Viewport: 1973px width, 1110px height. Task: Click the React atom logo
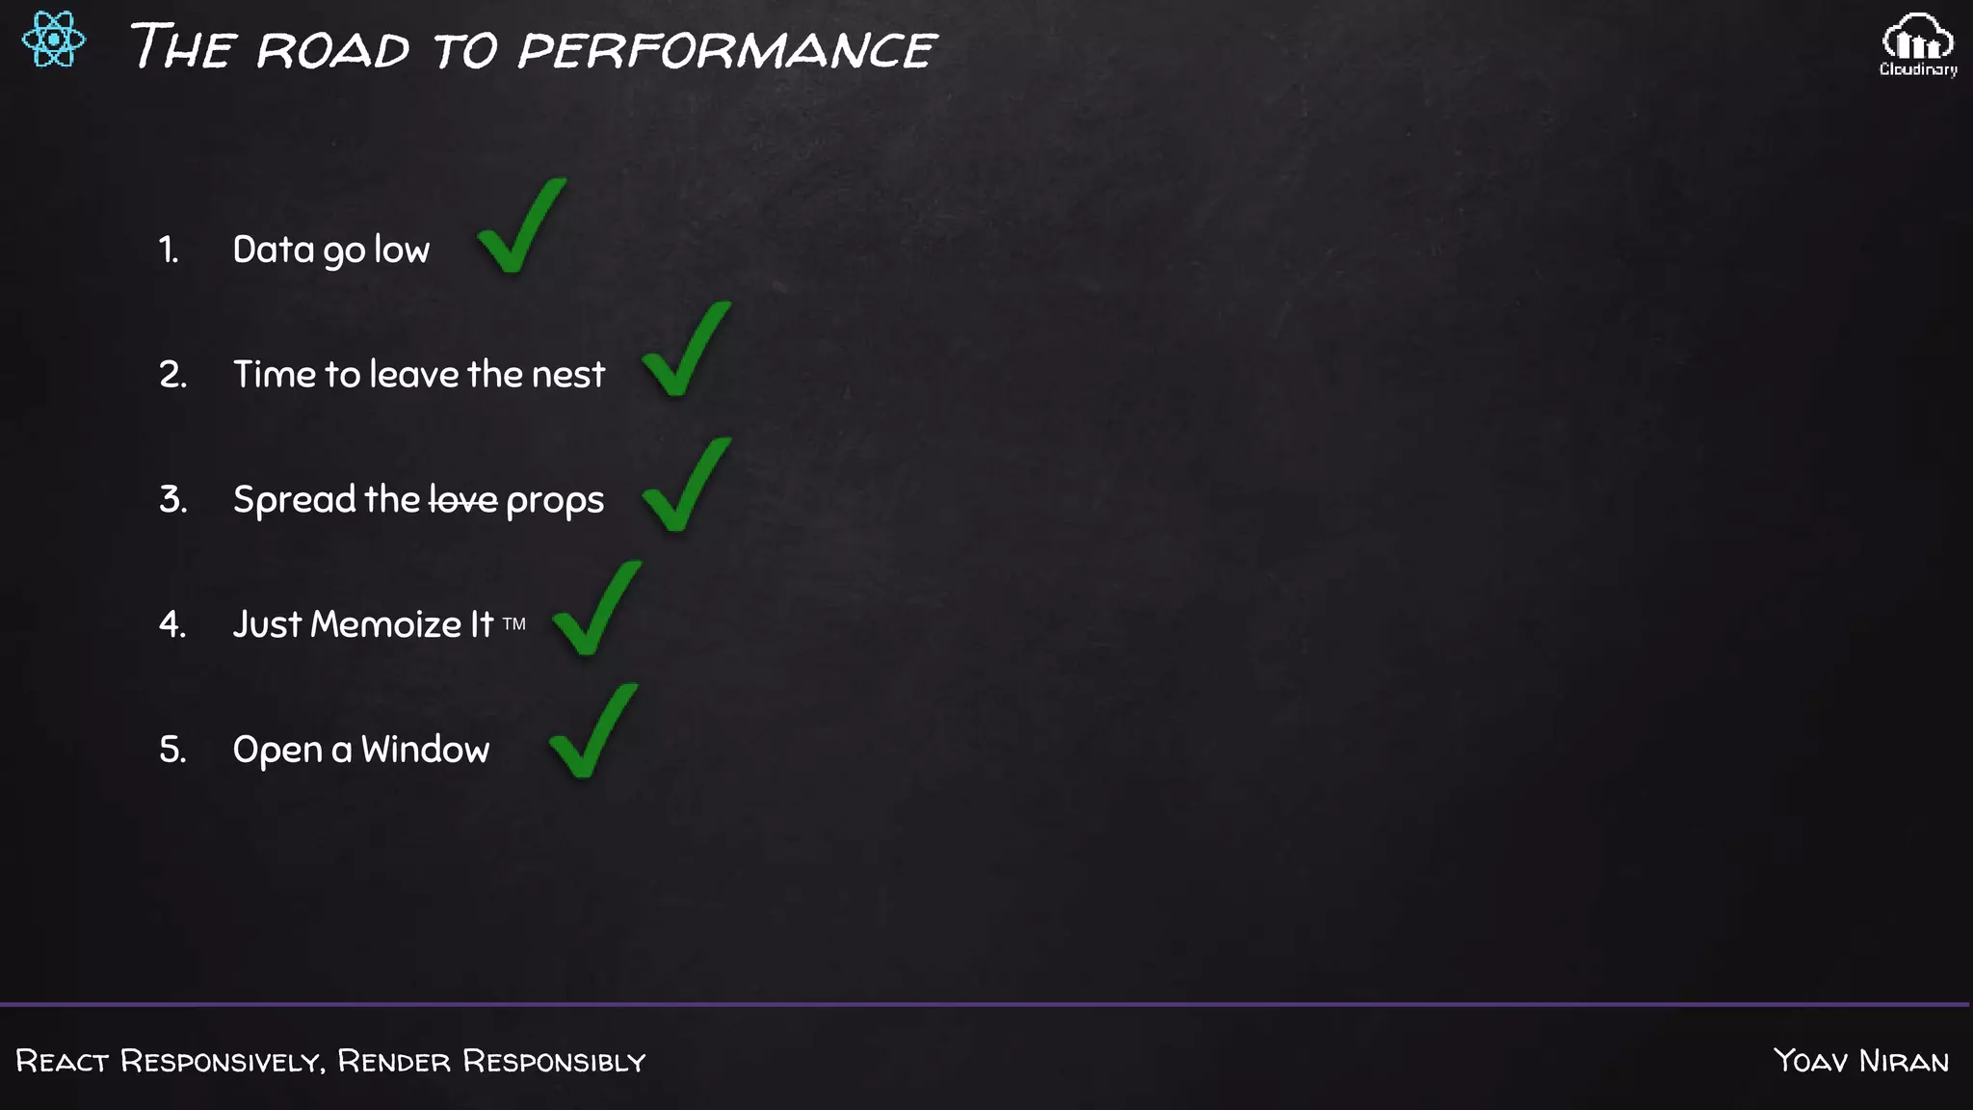point(54,40)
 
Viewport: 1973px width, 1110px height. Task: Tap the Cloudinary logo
point(1918,43)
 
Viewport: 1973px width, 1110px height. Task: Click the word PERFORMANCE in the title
point(727,49)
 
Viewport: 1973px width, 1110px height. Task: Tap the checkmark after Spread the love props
point(686,486)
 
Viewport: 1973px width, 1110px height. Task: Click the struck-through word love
point(463,500)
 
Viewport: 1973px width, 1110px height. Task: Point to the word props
point(555,501)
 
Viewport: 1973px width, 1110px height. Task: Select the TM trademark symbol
point(514,624)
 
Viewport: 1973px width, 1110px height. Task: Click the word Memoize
point(386,624)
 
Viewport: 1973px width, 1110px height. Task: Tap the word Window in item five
point(425,750)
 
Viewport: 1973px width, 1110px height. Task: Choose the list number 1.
point(169,251)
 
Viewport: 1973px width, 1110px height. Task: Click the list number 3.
point(172,500)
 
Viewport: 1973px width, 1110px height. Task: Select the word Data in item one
point(274,251)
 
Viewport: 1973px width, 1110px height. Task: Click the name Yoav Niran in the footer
point(1861,1061)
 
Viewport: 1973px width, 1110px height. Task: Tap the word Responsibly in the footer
point(554,1061)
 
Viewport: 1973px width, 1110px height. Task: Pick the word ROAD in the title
point(333,49)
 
